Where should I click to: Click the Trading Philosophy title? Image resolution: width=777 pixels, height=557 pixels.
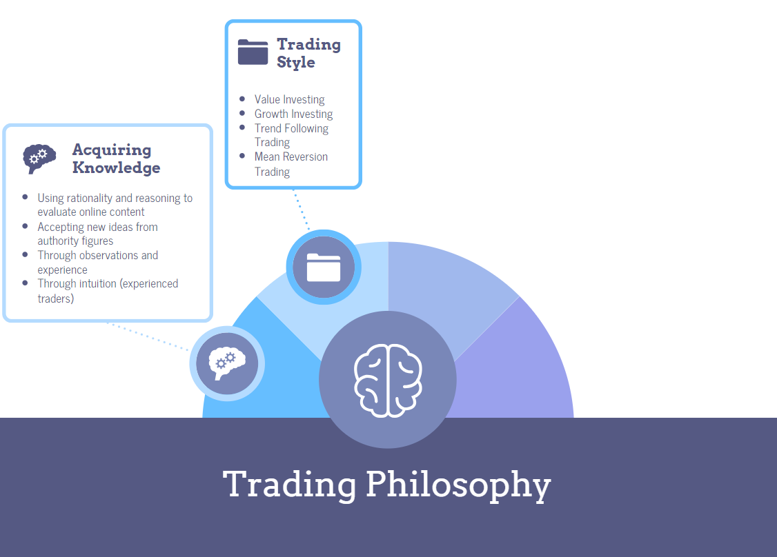coord(387,484)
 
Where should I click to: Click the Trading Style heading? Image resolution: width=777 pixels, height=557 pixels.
coord(308,53)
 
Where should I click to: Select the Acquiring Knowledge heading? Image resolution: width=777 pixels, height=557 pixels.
coord(116,159)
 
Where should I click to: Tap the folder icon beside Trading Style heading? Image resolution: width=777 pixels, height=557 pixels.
coord(253,52)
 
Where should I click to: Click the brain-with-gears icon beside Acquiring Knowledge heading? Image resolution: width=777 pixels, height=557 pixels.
coord(39,158)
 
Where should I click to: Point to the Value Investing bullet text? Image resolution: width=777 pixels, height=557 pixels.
coord(289,99)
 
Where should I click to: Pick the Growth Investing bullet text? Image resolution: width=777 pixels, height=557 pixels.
coord(293,114)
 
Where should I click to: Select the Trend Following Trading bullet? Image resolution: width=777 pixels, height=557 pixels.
coord(291,135)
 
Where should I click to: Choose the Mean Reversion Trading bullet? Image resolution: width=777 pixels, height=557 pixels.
coord(291,164)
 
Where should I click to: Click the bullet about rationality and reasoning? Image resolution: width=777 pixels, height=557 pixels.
coord(115,205)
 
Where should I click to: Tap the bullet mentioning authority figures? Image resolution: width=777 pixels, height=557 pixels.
coord(97,234)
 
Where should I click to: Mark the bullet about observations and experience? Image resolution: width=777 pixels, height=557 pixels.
coord(97,262)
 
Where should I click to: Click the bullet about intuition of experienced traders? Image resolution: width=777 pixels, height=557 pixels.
coord(108,291)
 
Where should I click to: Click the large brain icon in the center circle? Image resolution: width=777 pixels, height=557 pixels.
coord(388,380)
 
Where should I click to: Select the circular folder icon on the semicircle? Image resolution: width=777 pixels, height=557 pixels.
coord(324,267)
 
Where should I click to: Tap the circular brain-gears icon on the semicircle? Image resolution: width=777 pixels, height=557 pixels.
coord(227,363)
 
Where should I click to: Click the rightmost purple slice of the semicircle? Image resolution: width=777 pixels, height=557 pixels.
coord(524,365)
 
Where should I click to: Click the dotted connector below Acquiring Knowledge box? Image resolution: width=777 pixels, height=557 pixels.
coord(148,336)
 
